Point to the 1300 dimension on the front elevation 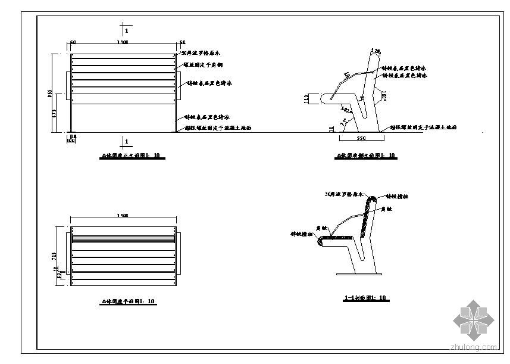[x=123, y=43]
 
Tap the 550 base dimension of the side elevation [x=361, y=138]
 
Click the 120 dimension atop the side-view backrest [x=375, y=50]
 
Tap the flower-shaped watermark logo [x=474, y=319]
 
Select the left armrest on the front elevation [x=68, y=86]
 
